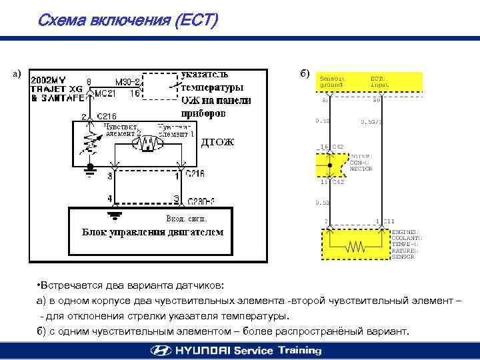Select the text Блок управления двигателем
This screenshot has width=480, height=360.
pos(153,232)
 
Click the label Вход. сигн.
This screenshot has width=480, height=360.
pos(186,219)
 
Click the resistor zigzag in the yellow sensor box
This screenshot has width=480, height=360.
pos(353,247)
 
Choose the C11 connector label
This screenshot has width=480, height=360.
pos(389,221)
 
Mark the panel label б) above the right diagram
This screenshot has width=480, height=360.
pos(305,72)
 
